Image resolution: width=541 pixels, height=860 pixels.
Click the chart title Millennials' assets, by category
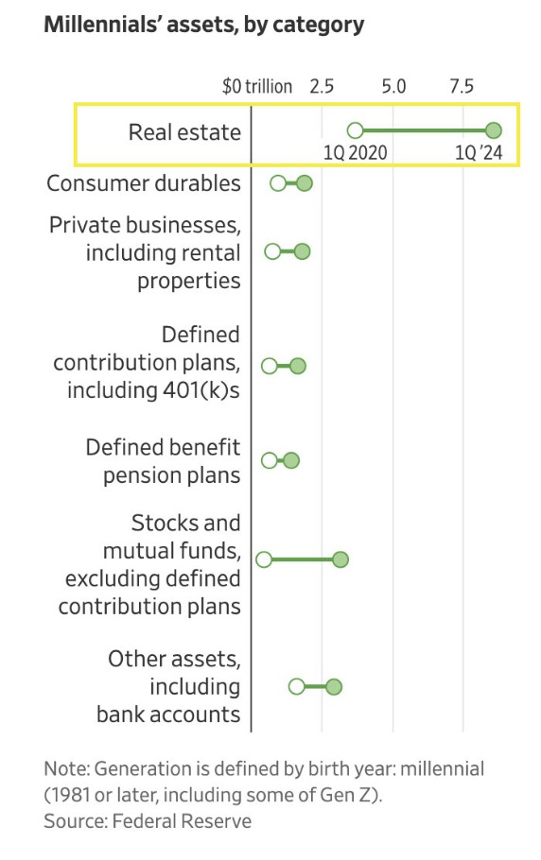tap(203, 26)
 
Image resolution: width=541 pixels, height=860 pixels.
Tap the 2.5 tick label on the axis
tap(322, 86)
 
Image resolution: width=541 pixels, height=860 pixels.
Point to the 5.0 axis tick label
tap(394, 86)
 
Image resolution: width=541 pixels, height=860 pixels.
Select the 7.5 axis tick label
tap(462, 86)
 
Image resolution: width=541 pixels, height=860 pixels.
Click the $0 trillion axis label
tap(256, 86)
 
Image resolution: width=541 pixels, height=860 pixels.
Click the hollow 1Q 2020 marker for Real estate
tap(355, 130)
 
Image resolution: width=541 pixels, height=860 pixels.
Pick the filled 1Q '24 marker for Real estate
tap(494, 130)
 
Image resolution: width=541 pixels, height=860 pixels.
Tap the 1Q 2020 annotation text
tap(356, 152)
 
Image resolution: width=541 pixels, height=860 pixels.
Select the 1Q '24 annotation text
tap(479, 152)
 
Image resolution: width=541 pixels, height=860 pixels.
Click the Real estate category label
tap(184, 132)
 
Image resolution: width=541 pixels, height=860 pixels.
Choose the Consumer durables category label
tap(144, 183)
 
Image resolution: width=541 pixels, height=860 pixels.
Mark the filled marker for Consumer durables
tap(305, 183)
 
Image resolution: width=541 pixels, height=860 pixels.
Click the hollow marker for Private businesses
tap(272, 251)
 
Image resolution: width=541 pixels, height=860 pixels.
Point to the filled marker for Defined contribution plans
tap(297, 366)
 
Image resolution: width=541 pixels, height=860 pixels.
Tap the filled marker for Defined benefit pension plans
tap(291, 460)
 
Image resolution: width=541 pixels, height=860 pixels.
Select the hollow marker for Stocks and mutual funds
tap(264, 559)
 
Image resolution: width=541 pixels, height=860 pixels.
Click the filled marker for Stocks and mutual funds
tap(340, 559)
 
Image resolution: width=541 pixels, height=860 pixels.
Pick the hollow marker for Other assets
tap(296, 687)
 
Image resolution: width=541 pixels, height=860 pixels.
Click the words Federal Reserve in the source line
tap(182, 821)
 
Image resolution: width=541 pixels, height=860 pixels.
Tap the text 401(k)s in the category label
tap(201, 390)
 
